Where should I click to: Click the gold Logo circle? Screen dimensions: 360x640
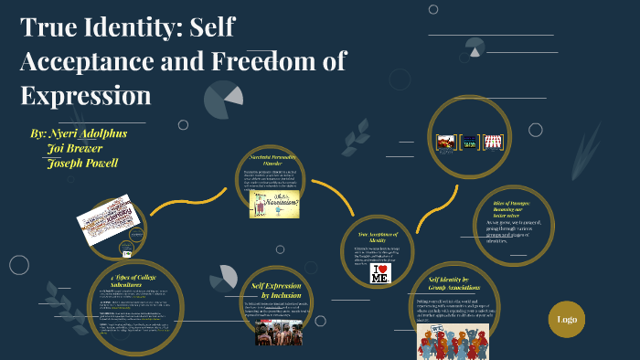click(567, 319)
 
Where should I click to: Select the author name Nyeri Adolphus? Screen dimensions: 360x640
click(86, 132)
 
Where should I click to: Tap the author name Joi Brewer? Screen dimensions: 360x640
click(78, 147)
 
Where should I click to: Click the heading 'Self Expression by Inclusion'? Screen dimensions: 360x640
click(277, 291)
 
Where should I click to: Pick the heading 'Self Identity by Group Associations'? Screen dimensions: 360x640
click(449, 284)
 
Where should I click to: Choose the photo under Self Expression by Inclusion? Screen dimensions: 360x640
click(278, 333)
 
